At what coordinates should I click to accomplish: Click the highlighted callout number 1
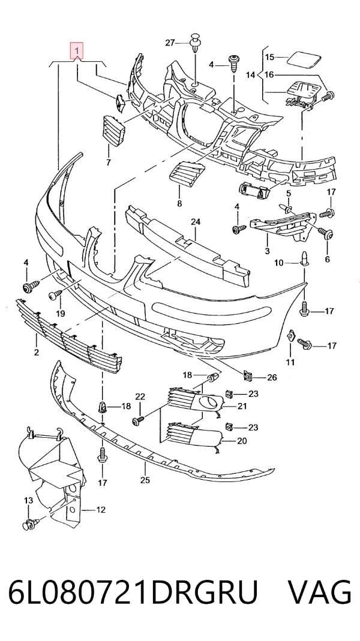click(x=77, y=51)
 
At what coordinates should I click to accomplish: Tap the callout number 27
click(x=170, y=43)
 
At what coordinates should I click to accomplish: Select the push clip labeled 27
click(x=195, y=43)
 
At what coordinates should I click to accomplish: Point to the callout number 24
click(x=196, y=222)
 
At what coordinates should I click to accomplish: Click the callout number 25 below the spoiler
click(x=145, y=480)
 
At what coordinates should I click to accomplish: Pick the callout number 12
click(x=101, y=510)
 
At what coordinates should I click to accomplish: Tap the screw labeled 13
click(x=31, y=523)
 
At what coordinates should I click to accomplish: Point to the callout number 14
click(x=250, y=75)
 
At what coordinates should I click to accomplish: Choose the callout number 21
click(x=242, y=405)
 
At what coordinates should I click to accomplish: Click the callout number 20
click(x=242, y=441)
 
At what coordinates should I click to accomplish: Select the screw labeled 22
click(x=139, y=420)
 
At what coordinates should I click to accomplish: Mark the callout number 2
click(x=37, y=352)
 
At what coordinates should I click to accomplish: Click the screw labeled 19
click(x=55, y=294)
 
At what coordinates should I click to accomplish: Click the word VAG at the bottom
click(x=320, y=592)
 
